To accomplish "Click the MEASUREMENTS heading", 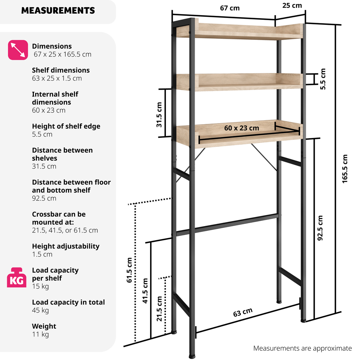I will (58, 10).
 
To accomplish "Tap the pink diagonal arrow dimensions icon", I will (18, 50).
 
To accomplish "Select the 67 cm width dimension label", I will (229, 8).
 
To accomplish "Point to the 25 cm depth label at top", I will (292, 5).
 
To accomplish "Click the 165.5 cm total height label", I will (345, 169).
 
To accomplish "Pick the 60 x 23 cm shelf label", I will (242, 128).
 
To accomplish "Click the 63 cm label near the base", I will (243, 312).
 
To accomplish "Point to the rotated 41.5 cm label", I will (145, 291).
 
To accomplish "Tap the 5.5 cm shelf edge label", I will (323, 79).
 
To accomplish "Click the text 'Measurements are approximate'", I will (302, 348).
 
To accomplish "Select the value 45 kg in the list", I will (40, 310).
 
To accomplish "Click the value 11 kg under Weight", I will (40, 334).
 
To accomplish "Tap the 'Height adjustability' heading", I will (66, 246).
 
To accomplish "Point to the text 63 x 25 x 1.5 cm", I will (57, 78).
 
